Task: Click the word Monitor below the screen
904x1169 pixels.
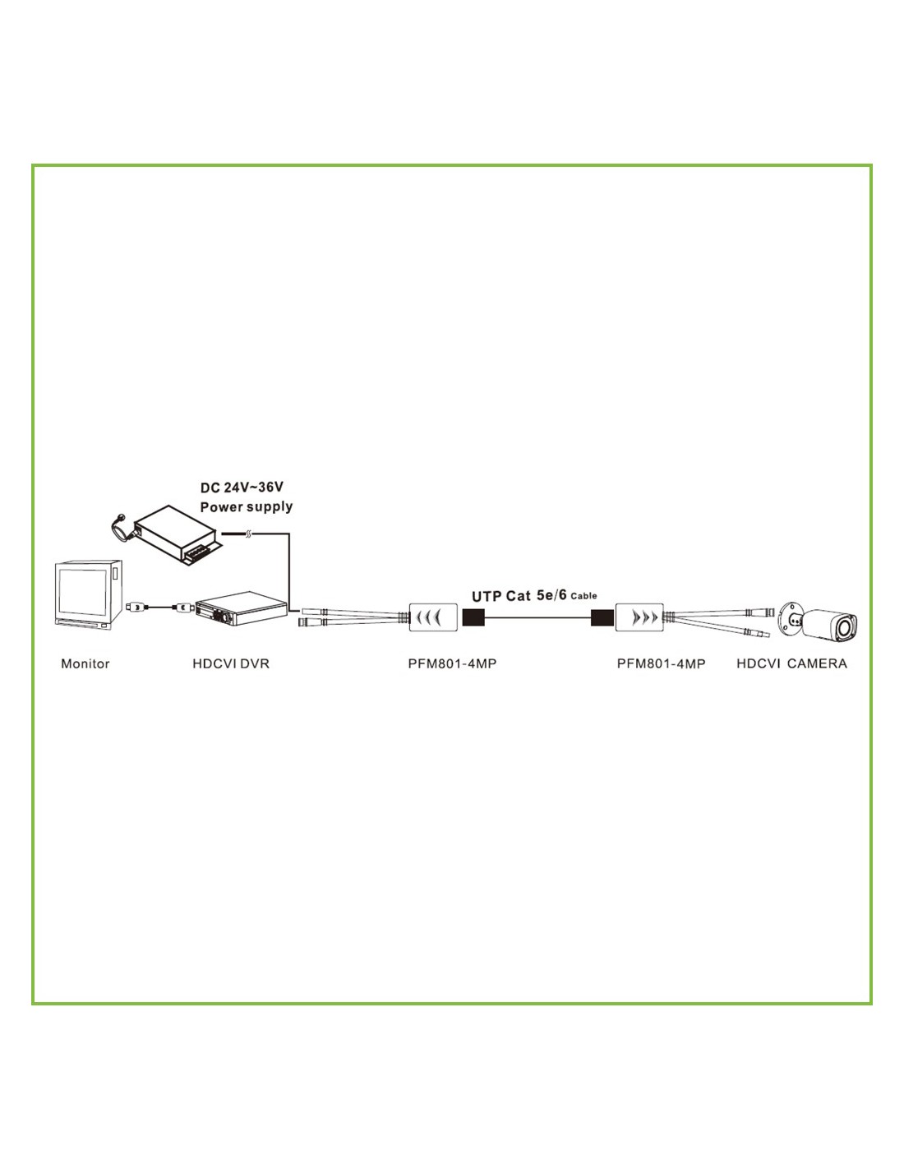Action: click(x=85, y=664)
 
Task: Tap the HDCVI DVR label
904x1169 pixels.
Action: click(x=231, y=664)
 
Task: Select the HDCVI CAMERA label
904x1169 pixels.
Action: click(x=791, y=664)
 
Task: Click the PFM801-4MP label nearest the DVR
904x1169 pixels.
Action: click(x=452, y=664)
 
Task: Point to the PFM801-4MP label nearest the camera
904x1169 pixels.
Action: click(x=661, y=664)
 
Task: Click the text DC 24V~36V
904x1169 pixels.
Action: click(x=242, y=487)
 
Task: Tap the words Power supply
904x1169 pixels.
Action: click(x=247, y=506)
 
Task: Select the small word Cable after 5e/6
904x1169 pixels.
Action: click(x=583, y=596)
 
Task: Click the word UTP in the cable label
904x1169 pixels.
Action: click(x=487, y=597)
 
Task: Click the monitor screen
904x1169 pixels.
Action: click(x=82, y=592)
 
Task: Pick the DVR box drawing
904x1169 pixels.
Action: click(x=241, y=608)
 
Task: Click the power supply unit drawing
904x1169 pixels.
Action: click(x=177, y=535)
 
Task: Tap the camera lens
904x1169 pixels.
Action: click(x=846, y=626)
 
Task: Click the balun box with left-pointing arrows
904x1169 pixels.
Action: click(x=433, y=617)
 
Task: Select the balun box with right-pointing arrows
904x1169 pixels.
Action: click(x=639, y=617)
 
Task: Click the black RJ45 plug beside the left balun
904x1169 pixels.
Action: click(x=474, y=617)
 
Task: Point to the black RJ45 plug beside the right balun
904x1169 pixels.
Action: click(x=603, y=617)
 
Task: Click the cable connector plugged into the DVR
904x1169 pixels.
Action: click(x=182, y=608)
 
